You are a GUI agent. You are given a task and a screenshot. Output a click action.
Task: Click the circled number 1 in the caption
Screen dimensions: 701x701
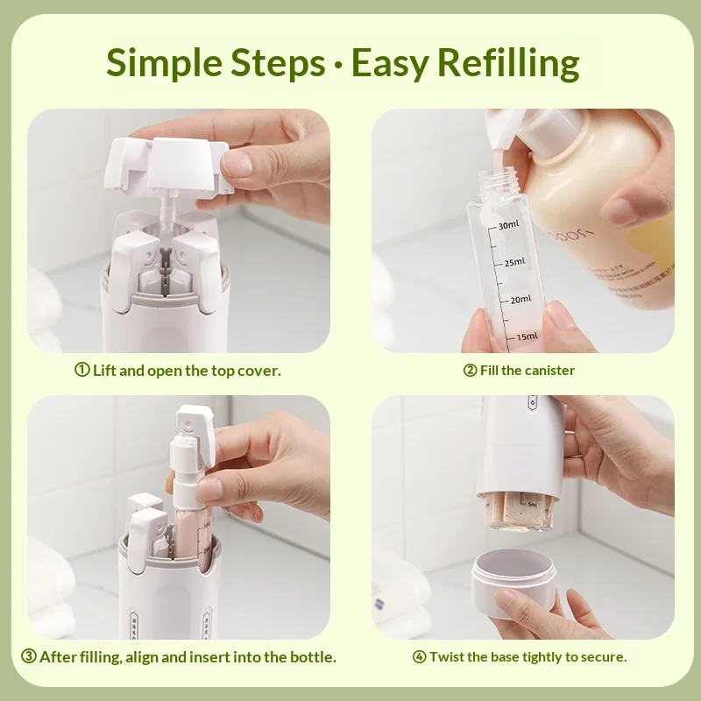[82, 371]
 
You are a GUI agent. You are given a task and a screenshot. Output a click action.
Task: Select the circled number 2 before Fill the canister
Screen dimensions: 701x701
[470, 371]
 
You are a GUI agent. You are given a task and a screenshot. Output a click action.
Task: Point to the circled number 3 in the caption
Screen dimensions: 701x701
[28, 656]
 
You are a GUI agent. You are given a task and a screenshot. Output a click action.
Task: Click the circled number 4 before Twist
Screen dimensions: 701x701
[419, 656]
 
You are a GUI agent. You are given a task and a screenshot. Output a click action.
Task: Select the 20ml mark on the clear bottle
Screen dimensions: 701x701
[520, 299]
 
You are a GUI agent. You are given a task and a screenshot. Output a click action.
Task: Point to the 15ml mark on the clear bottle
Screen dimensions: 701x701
[528, 336]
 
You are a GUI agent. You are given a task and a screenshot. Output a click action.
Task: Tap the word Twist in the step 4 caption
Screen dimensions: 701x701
[447, 656]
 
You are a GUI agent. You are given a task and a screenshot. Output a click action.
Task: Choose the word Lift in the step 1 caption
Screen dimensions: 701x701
[104, 371]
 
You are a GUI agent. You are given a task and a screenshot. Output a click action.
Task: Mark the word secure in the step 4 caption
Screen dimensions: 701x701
[604, 656]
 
